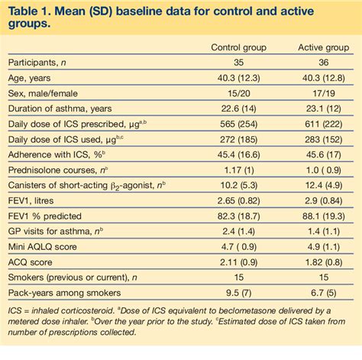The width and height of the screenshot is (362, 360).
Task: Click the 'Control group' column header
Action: click(x=238, y=47)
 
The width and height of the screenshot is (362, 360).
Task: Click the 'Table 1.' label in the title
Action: click(x=34, y=10)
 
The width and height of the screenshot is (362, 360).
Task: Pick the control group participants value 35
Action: click(x=238, y=63)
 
